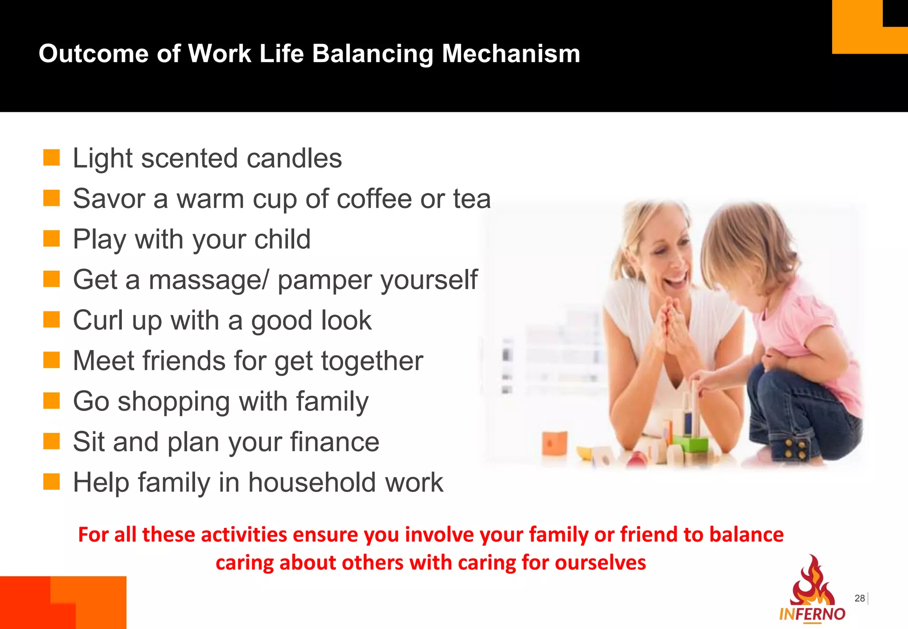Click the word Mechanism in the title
pyautogui.click(x=511, y=54)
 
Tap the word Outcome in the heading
pyautogui.click(x=93, y=54)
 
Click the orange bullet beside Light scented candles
pyautogui.click(x=51, y=157)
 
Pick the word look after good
pyautogui.click(x=346, y=320)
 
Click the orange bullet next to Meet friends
pyautogui.click(x=51, y=360)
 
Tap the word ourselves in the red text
pyautogui.click(x=600, y=563)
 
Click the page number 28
pyautogui.click(x=859, y=598)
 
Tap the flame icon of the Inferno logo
pyautogui.click(x=812, y=581)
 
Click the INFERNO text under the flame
pyautogui.click(x=812, y=614)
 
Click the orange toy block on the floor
pyautogui.click(x=554, y=442)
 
